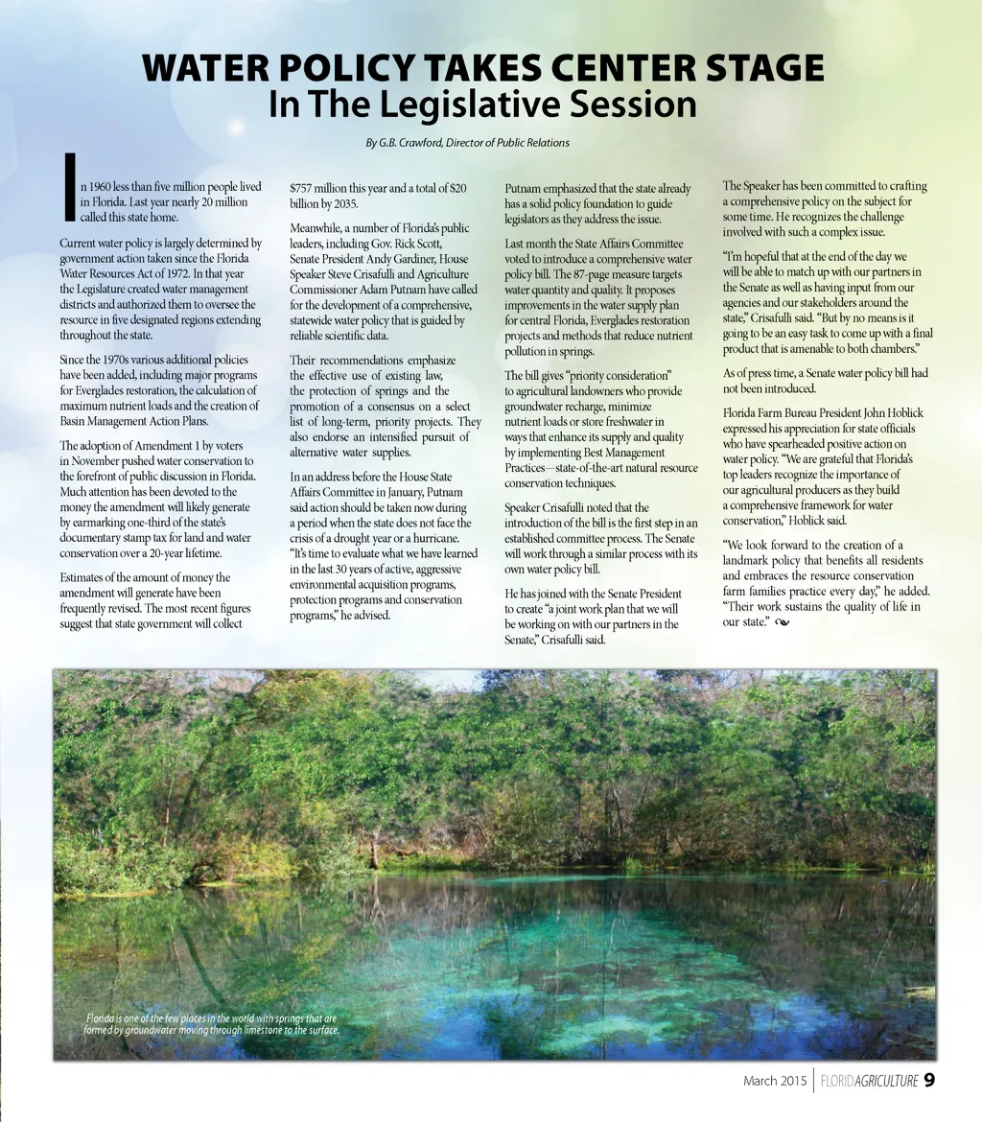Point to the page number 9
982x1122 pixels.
(x=929, y=1080)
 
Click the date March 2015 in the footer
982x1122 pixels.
(x=775, y=1081)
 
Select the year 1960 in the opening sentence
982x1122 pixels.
(x=102, y=187)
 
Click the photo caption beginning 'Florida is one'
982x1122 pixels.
(x=212, y=1024)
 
